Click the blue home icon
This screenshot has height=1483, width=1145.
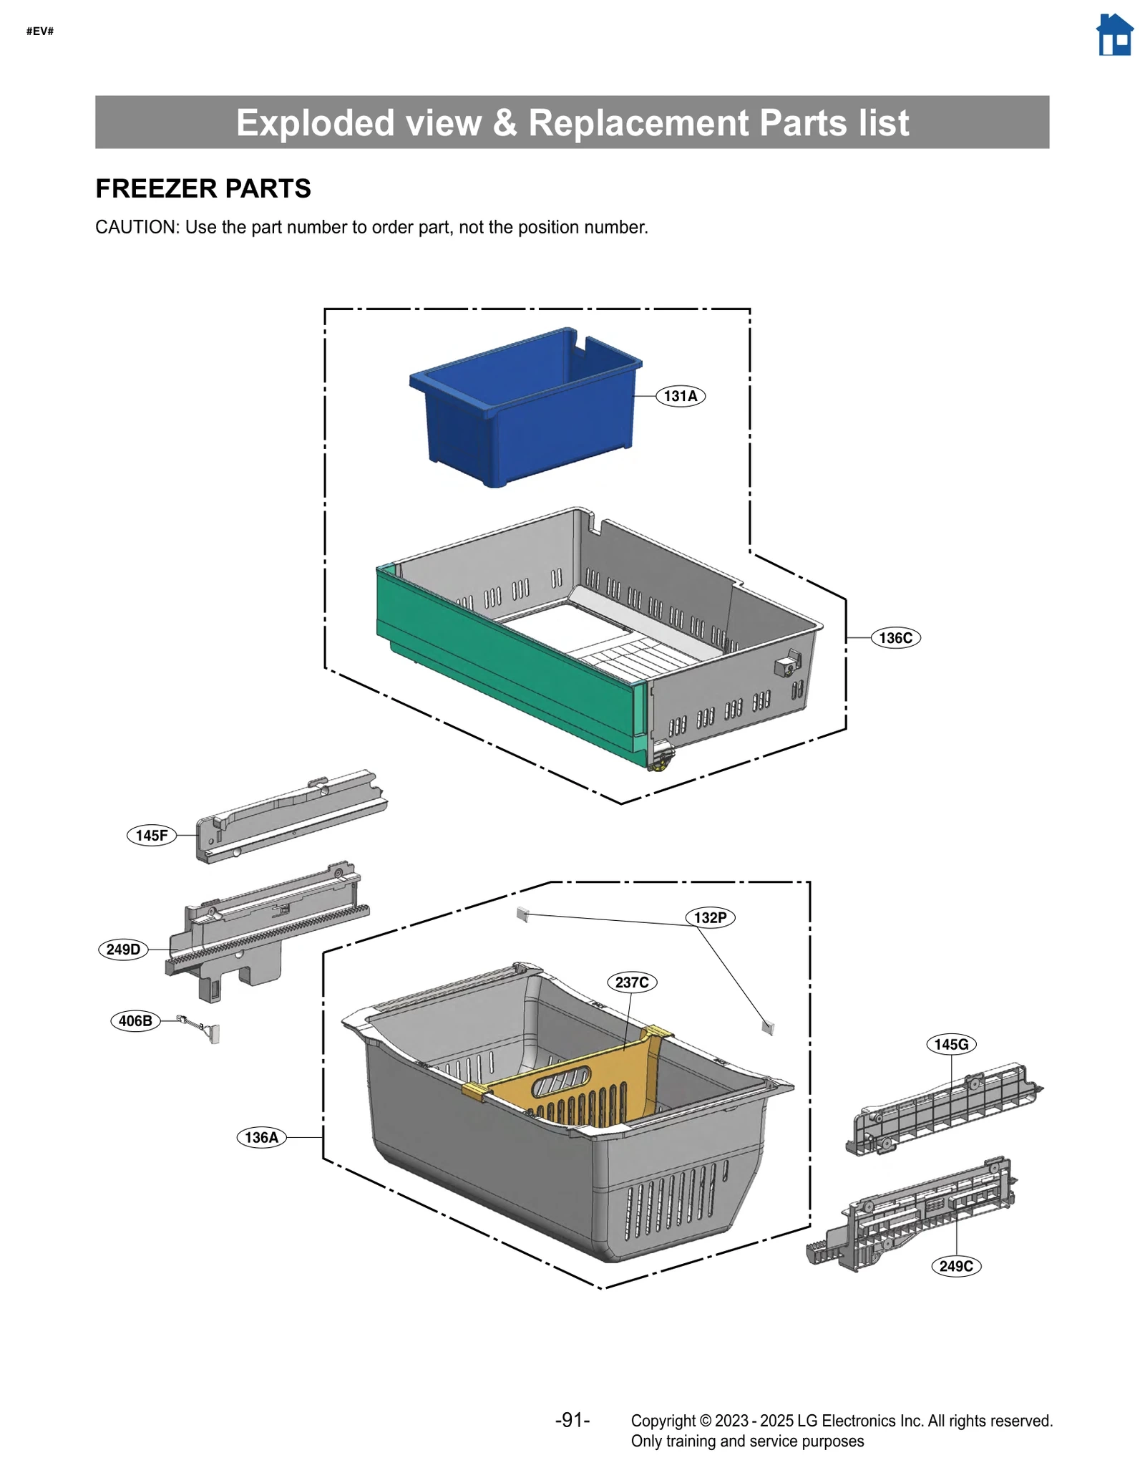pos(1114,35)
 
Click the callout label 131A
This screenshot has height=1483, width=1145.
pos(680,396)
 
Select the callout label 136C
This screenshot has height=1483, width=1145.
pos(895,638)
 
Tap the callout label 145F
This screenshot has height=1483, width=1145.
pos(152,835)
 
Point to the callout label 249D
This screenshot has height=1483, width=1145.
pos(123,950)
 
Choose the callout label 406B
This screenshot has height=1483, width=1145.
pos(135,1020)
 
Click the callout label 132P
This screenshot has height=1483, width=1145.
pos(710,917)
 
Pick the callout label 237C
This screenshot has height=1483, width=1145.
pos(632,982)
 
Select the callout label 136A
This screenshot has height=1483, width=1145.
pos(261,1137)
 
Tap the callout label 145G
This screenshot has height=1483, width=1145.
pos(951,1044)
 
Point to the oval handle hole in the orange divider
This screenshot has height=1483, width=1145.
pos(562,1083)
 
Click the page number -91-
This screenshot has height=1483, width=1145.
pos(572,1420)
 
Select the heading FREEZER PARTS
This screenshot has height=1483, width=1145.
pos(203,188)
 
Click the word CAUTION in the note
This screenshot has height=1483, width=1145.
pos(136,227)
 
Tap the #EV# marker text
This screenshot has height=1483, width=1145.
pos(40,31)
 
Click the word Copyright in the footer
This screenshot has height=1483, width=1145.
pos(663,1421)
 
